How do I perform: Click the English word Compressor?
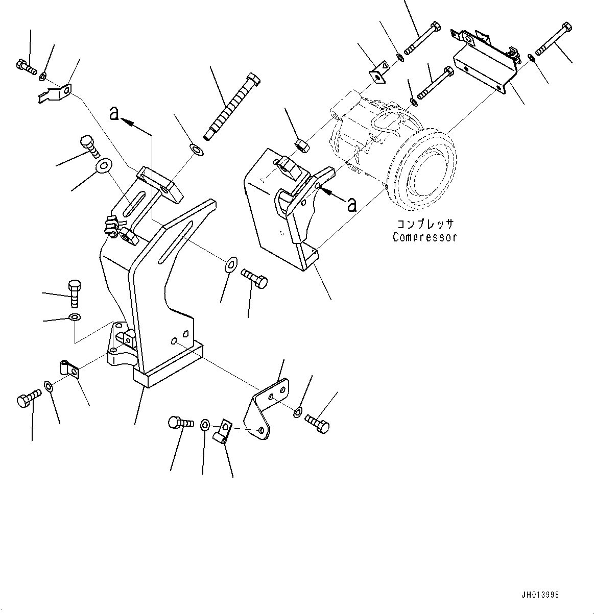[x=424, y=237]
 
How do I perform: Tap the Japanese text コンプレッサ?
[x=425, y=224]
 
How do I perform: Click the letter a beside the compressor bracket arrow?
[x=351, y=205]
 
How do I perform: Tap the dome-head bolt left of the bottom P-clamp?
[x=179, y=423]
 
